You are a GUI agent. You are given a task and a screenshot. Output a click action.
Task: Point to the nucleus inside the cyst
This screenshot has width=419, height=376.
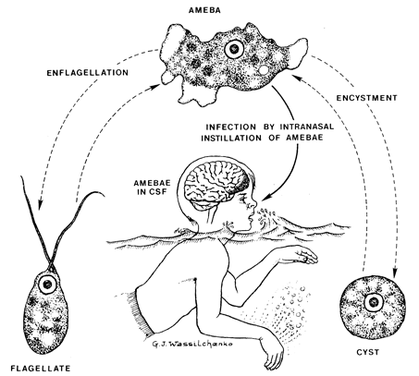[372, 302]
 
